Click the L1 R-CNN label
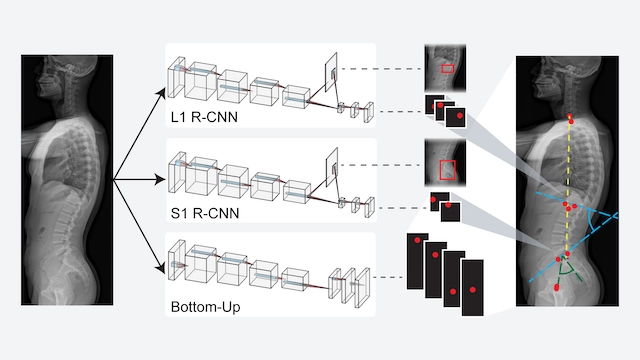[204, 117]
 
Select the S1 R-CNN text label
[204, 213]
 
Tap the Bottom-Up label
[205, 307]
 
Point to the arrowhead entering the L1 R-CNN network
[160, 93]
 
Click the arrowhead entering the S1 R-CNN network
[160, 179]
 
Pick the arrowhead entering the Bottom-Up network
[160, 267]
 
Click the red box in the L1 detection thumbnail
[447, 69]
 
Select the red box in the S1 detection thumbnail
[447, 170]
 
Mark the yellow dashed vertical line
[568, 186]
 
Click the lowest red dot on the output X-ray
[556, 288]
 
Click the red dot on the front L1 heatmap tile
[460, 116]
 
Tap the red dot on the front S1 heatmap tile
[448, 205]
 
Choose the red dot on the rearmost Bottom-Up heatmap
[417, 240]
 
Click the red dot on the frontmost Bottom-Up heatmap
[473, 290]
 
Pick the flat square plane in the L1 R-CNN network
[331, 72]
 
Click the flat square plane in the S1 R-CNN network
[332, 167]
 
